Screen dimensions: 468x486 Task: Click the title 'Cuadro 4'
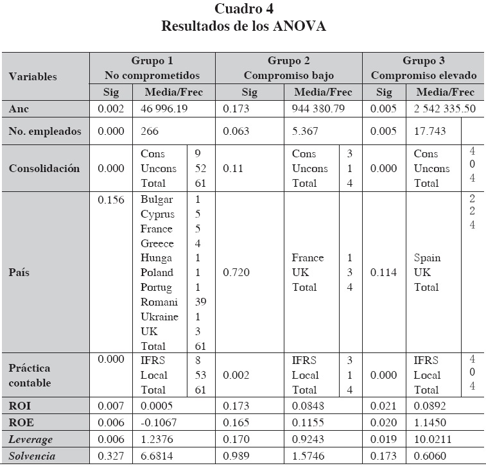click(243, 9)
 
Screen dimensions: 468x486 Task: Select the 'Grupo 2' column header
click(289, 61)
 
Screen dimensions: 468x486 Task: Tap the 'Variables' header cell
click(33, 76)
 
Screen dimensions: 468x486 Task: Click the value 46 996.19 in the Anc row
click(164, 109)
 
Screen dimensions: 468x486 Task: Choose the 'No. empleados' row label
click(45, 132)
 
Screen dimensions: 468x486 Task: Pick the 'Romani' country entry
click(159, 302)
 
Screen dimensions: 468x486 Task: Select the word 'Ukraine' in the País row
click(160, 316)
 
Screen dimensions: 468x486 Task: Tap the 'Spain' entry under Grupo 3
click(427, 258)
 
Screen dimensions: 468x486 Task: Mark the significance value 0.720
click(236, 273)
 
